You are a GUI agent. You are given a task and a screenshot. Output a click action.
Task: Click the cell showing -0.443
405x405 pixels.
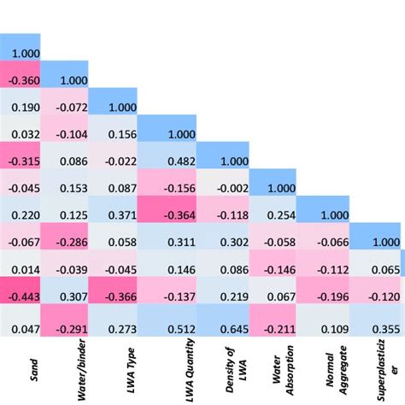(19, 296)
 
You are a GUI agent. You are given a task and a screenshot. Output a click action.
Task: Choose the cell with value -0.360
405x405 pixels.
(19, 79)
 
